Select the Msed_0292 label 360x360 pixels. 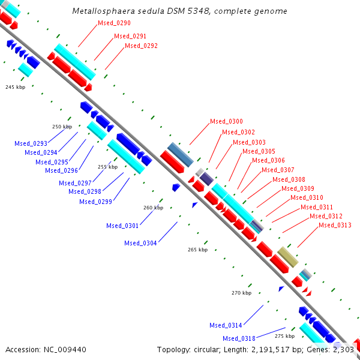tap(141, 46)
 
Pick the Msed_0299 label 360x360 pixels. tap(95, 202)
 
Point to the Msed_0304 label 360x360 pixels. tap(140, 243)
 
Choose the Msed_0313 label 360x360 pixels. tap(335, 226)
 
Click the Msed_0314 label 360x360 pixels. tap(226, 325)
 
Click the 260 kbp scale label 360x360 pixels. tap(153, 208)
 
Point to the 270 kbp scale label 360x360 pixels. tap(241, 293)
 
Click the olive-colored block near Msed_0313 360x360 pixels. tap(288, 257)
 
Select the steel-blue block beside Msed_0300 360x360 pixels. tap(180, 154)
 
